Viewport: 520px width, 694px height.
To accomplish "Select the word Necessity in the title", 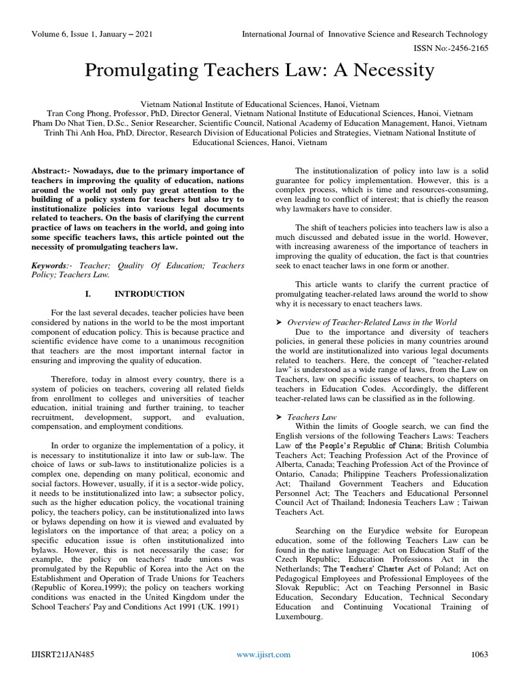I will pos(391,70).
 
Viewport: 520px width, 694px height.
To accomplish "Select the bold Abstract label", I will pos(51,170).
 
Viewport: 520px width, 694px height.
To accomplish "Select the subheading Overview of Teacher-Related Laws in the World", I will pos(372,322).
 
